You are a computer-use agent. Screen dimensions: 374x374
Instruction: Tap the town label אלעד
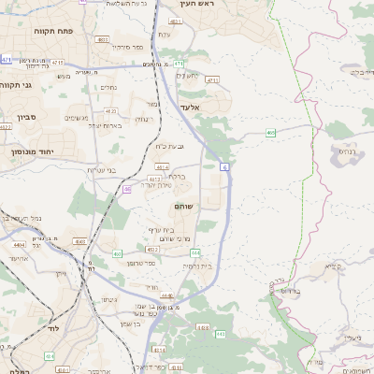point(190,108)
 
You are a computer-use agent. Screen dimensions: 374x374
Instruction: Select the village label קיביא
point(332,266)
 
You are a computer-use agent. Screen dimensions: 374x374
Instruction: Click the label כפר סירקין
point(127,46)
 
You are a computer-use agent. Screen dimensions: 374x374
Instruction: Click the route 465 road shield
point(270,133)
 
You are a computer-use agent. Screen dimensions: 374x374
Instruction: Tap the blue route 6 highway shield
point(224,166)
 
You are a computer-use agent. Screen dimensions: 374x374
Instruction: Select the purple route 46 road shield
point(126,189)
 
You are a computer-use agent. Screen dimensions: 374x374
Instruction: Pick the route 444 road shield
point(165,295)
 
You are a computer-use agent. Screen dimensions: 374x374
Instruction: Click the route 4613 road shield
point(154,178)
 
